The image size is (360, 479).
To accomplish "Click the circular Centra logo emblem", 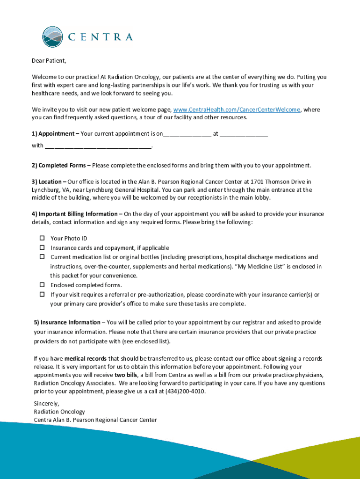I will pyautogui.click(x=52, y=37).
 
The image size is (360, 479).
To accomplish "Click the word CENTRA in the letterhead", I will pyautogui.click(x=101, y=37).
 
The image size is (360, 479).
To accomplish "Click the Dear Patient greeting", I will pyautogui.click(x=49, y=61).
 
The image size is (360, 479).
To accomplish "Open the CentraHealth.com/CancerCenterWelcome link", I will pyautogui.click(x=237, y=109).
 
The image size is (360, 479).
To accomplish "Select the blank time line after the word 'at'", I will pyautogui.click(x=244, y=135).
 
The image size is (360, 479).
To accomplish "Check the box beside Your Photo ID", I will pyautogui.click(x=42, y=238).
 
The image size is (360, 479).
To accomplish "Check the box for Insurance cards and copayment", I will pyautogui.click(x=42, y=247).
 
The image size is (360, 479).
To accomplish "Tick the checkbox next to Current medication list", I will pyautogui.click(x=42, y=257).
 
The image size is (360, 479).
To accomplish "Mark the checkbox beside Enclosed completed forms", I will pyautogui.click(x=42, y=285).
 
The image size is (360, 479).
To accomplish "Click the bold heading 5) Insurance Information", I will pyautogui.click(x=67, y=322).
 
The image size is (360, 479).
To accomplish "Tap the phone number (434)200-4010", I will pyautogui.click(x=185, y=392).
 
